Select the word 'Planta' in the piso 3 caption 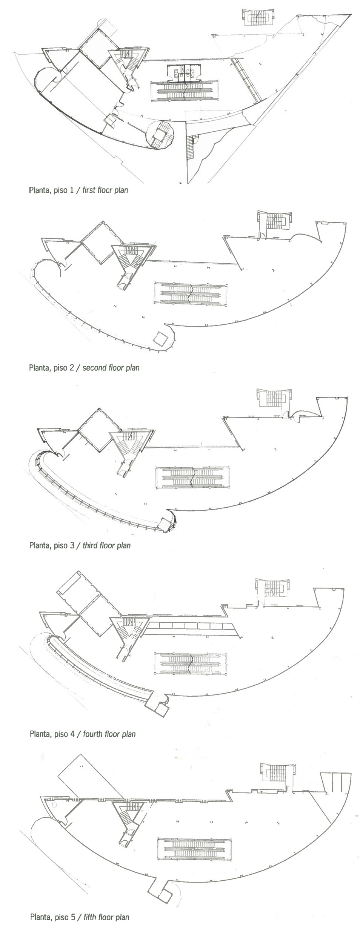[x=39, y=545]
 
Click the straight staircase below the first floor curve [x=189, y=147]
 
